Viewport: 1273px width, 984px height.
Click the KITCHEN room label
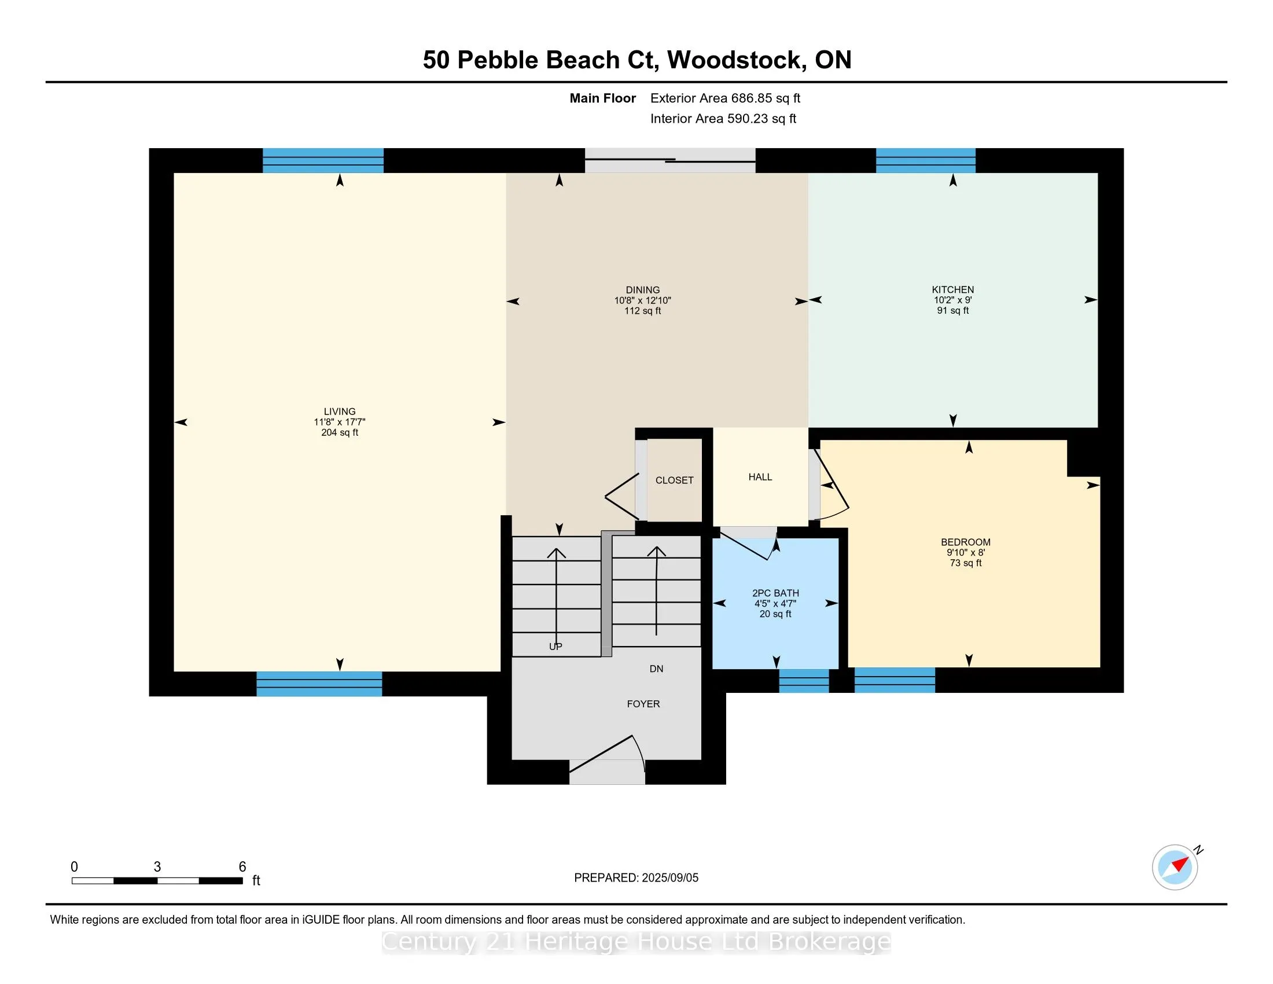(x=952, y=290)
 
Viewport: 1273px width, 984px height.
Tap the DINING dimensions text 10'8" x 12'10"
(x=642, y=301)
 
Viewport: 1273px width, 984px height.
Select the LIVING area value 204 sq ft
(x=339, y=432)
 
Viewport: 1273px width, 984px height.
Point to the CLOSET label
(x=674, y=480)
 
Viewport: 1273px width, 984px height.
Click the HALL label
(x=760, y=477)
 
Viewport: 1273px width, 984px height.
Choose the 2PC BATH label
(x=775, y=593)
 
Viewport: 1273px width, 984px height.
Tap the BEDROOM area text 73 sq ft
(x=965, y=563)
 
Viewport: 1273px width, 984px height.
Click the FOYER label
(x=643, y=704)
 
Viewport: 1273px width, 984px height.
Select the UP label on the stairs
(x=555, y=647)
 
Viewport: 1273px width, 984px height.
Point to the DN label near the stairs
(x=656, y=669)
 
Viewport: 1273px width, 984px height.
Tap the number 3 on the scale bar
(x=157, y=867)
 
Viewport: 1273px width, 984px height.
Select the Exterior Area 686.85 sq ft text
(x=725, y=98)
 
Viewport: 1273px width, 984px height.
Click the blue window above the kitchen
(x=926, y=160)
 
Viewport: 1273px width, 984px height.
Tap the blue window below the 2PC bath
(x=804, y=681)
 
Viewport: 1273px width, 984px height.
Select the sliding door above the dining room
(x=670, y=160)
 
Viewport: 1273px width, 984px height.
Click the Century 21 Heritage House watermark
(x=636, y=942)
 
